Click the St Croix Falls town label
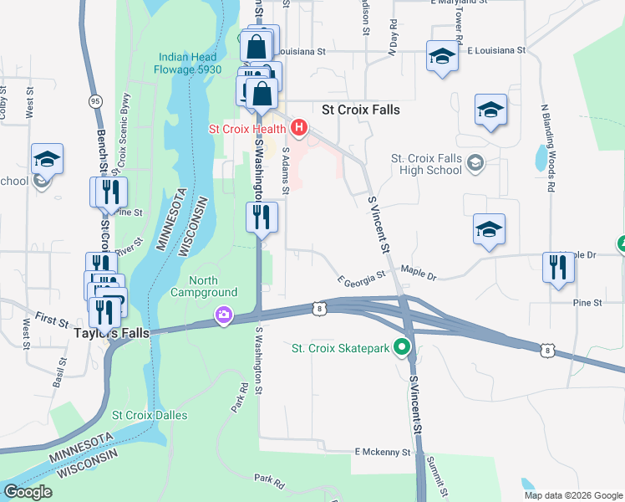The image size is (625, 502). click(361, 110)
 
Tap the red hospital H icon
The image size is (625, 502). click(300, 129)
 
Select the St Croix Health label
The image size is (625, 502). click(248, 130)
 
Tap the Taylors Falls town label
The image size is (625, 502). click(110, 332)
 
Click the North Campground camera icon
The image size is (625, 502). click(224, 315)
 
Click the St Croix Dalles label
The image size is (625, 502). click(150, 415)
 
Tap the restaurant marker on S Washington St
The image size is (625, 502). click(262, 218)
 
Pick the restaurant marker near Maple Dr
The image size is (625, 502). click(558, 268)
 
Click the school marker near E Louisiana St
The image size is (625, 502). click(442, 56)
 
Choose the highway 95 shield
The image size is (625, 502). click(96, 101)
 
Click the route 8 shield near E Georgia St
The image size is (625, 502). click(321, 310)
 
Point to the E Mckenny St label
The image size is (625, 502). click(383, 452)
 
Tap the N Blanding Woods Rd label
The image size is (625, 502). click(548, 148)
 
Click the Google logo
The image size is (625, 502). click(28, 492)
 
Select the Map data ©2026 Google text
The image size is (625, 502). click(572, 495)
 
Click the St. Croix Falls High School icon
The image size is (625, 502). click(475, 161)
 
